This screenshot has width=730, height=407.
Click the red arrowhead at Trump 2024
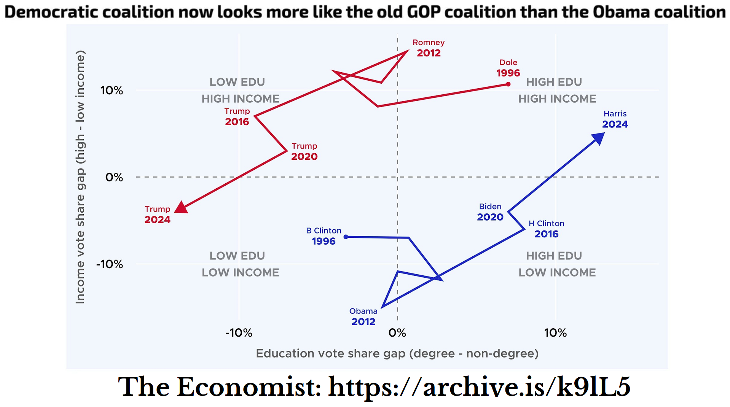pos(182,207)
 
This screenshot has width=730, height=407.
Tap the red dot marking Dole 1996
pos(508,84)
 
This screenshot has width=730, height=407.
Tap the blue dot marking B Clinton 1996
pos(346,237)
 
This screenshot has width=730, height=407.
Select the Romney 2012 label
pos(429,48)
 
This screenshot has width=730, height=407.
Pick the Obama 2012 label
pos(363,316)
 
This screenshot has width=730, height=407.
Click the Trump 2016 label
pos(237,117)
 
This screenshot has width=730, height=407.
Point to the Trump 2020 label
pos(304,152)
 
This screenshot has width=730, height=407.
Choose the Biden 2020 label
pos(490,212)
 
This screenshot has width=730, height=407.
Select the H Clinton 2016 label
pos(546,229)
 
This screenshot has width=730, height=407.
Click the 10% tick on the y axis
pos(112,91)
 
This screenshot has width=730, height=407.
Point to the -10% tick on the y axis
pos(110,264)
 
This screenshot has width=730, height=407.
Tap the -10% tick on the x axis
pos(239,333)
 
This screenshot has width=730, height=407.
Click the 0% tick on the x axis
pos(397,333)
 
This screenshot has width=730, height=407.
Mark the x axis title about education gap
pos(397,354)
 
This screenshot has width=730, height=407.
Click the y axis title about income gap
pos(80,177)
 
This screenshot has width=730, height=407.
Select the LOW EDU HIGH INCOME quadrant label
pos(240,91)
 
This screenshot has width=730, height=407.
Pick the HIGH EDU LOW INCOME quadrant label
pos(557,264)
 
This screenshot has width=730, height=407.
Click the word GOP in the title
pos(424,12)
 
